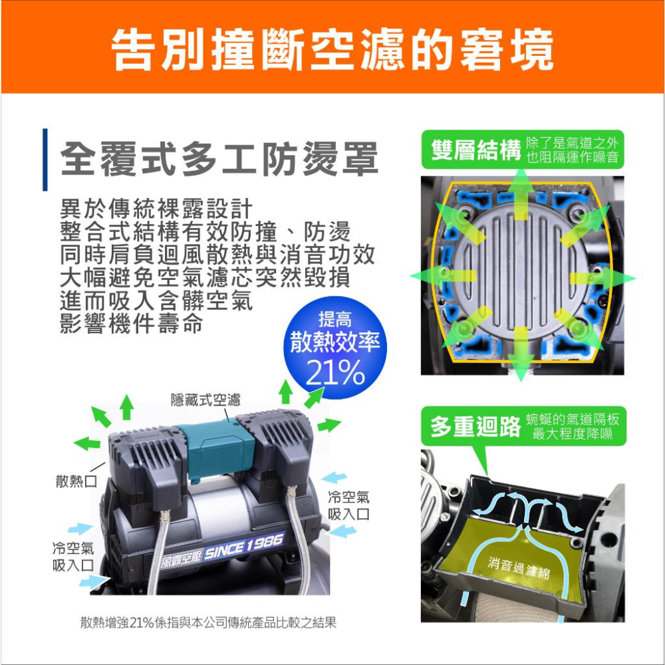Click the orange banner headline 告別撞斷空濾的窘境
point(332,48)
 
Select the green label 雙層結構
point(475,151)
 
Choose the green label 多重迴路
point(475,427)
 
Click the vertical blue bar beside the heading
point(45,160)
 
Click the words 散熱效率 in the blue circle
point(335,342)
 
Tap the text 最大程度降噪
point(573,434)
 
